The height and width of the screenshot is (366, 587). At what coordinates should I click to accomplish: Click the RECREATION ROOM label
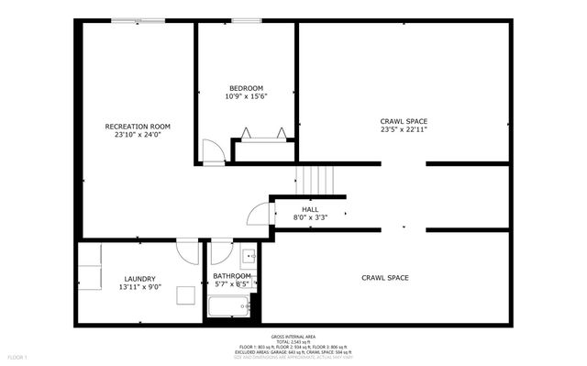137,127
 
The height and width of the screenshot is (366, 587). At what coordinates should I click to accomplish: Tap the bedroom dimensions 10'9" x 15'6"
246,96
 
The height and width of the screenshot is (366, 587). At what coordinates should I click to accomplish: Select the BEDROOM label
246,88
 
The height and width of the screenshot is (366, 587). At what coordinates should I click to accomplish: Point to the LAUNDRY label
139,279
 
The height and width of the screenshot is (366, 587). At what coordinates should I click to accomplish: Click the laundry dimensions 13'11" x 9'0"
139,287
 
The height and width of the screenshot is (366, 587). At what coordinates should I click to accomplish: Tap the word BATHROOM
232,276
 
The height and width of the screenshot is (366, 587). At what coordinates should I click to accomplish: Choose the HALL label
310,209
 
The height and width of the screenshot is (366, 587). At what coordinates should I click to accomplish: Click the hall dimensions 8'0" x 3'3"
310,217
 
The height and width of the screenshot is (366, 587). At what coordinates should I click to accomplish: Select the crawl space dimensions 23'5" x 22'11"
404,129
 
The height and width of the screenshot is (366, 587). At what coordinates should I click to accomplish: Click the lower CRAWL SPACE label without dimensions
384,277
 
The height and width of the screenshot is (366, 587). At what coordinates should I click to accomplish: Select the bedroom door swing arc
211,151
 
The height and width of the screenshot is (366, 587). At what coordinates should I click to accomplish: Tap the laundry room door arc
187,250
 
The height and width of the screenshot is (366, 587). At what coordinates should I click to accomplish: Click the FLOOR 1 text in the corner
18,356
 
